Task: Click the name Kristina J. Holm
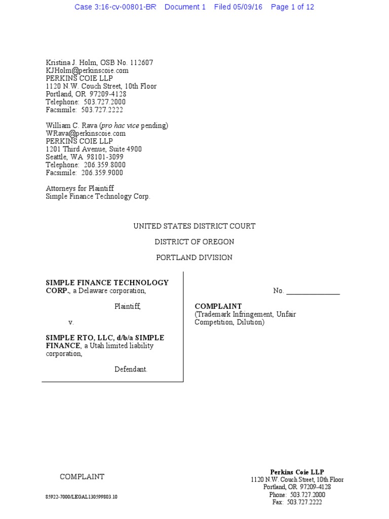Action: (70, 63)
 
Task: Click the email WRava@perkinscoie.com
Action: (86, 133)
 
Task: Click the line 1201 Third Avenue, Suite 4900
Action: (94, 149)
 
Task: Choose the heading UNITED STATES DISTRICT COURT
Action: (194, 226)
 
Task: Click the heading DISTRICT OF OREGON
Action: (194, 242)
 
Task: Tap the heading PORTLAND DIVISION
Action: (194, 257)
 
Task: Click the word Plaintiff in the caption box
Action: (127, 307)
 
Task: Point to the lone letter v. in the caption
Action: (71, 322)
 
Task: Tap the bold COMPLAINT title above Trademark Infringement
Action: (218, 306)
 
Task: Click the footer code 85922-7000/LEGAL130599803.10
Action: (81, 497)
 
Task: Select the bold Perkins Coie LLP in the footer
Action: (297, 471)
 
